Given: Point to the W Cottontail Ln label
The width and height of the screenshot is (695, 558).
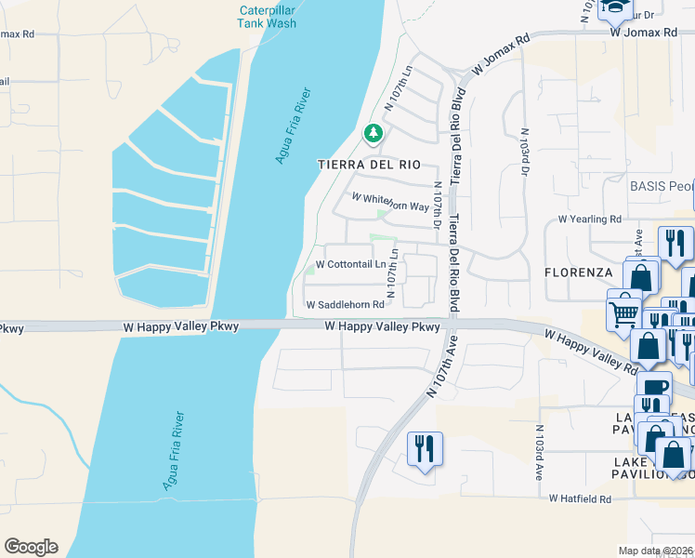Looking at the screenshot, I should tap(351, 264).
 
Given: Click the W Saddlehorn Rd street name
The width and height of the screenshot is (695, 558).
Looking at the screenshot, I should tap(345, 305).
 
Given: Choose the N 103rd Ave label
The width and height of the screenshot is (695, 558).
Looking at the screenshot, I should tap(539, 452).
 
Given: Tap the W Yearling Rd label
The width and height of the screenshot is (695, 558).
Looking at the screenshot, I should tap(589, 219).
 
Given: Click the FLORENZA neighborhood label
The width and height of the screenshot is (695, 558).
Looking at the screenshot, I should tap(578, 272).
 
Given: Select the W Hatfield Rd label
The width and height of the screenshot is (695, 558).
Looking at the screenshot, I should tap(580, 498).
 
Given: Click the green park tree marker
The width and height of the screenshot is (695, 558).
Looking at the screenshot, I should tap(373, 134).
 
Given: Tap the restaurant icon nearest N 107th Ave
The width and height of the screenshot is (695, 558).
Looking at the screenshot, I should tap(424, 449).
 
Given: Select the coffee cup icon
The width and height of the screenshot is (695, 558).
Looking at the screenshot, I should tap(653, 387).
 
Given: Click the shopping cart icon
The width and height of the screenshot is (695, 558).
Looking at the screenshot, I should tap(623, 309).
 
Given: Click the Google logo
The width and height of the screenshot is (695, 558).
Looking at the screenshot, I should tap(31, 547).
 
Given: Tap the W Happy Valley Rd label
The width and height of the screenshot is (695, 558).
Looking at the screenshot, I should tap(590, 350).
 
